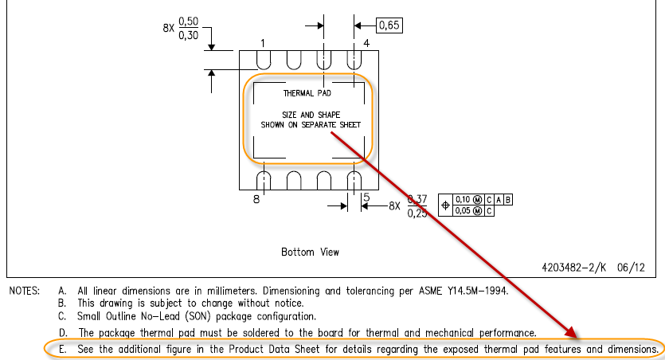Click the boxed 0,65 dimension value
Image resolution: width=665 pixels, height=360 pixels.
click(389, 25)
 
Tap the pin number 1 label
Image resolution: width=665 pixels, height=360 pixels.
click(263, 42)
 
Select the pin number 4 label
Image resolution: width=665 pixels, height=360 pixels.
click(366, 42)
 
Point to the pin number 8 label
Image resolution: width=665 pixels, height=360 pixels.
click(256, 200)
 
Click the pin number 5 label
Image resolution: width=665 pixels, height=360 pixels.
click(366, 198)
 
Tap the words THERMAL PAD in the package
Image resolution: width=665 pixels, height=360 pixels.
click(307, 93)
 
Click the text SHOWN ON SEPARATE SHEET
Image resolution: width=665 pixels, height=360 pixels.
click(311, 125)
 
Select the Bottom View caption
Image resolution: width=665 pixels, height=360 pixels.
click(310, 252)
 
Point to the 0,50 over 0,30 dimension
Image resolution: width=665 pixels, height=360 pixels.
click(189, 30)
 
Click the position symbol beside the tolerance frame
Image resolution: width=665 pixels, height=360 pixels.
click(445, 205)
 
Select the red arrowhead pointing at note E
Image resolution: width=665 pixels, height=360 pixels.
click(570, 331)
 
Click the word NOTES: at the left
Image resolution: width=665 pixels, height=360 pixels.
click(25, 291)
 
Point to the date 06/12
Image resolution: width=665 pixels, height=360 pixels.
click(632, 268)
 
